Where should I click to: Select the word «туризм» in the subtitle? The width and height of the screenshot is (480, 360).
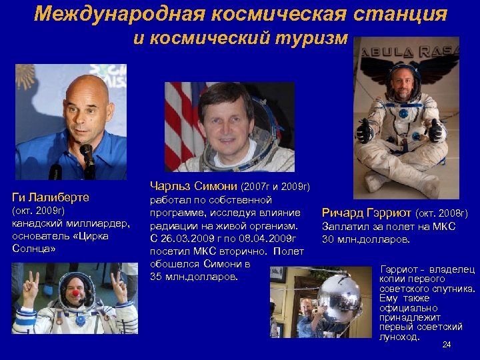312,39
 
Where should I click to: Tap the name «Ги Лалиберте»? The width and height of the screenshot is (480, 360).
51,197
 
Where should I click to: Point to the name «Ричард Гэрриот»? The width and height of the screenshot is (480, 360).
366,213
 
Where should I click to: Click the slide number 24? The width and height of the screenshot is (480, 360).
447,345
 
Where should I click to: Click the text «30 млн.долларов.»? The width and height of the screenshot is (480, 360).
366,239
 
